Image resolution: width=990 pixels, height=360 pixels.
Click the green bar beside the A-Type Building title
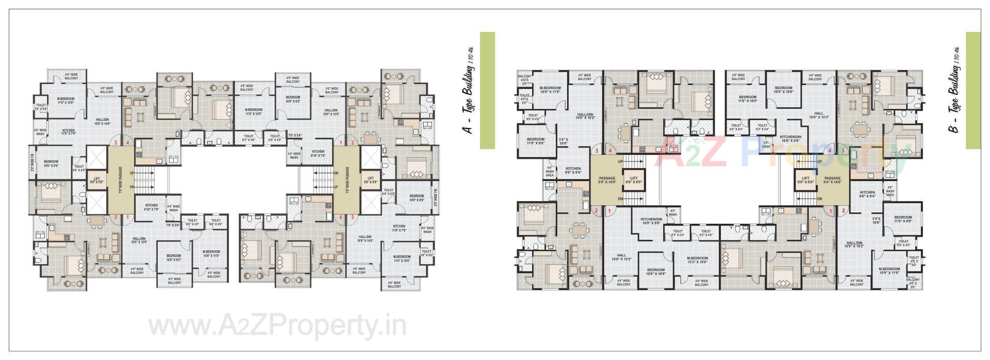[x=487, y=90]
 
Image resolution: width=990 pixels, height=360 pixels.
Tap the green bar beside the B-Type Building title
[x=973, y=90]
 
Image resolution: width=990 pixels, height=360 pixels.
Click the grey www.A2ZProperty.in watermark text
[x=277, y=326]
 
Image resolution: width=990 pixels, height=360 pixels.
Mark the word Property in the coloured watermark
[x=820, y=155]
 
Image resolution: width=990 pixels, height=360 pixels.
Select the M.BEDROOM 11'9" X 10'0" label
[x=254, y=111]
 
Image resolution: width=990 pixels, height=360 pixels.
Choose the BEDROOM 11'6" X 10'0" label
[x=747, y=99]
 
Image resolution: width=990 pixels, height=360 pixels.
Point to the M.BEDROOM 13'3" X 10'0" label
[x=697, y=260]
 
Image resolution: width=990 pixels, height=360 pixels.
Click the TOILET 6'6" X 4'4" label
[x=736, y=127]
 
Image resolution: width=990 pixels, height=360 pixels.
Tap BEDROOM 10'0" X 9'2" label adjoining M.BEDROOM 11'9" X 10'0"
[x=293, y=99]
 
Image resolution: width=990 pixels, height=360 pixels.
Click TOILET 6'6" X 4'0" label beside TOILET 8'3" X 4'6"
[x=274, y=138]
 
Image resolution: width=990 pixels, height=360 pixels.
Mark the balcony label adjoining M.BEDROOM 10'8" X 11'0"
[x=214, y=274]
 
